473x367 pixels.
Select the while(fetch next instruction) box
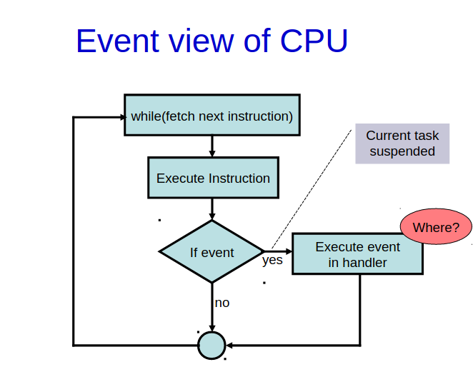(x=211, y=116)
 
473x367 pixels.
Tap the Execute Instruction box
(x=212, y=179)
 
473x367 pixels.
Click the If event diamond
(x=211, y=252)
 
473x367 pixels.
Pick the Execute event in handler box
(x=357, y=254)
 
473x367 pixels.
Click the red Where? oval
(x=436, y=228)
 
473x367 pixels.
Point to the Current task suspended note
(x=402, y=144)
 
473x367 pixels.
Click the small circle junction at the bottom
(x=211, y=346)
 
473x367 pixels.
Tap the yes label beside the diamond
(x=272, y=261)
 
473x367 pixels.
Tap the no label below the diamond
(x=222, y=303)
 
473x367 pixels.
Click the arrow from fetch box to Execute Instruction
(x=211, y=146)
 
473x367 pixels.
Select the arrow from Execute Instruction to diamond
(x=211, y=208)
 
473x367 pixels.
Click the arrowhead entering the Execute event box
(x=288, y=251)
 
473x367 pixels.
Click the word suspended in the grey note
(x=402, y=151)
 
